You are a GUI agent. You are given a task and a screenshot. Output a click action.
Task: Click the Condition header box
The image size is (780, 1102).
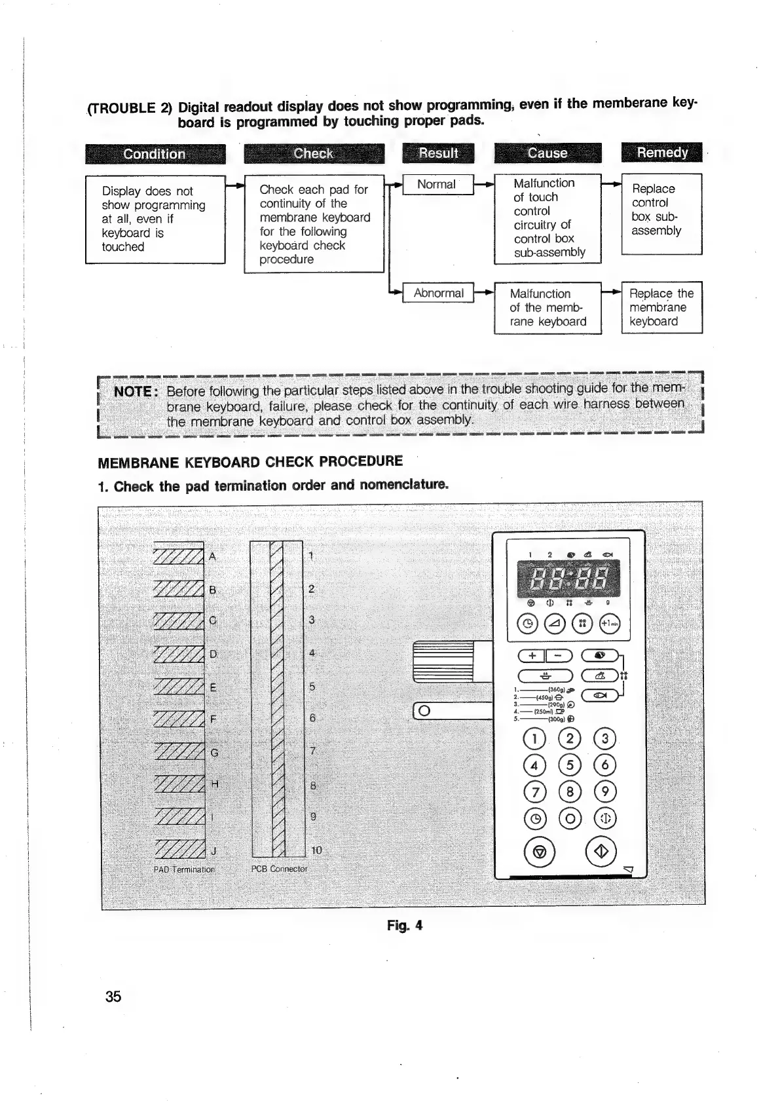point(155,154)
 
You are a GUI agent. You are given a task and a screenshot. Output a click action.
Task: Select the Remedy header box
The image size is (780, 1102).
point(661,153)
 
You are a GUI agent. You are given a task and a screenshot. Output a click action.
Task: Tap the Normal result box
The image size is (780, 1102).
point(437,185)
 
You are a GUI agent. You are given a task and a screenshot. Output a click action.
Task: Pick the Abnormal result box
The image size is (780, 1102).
point(438,294)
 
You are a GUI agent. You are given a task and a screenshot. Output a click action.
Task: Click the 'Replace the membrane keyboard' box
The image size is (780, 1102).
point(661,308)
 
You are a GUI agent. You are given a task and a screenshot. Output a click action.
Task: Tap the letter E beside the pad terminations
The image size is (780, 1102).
point(213,687)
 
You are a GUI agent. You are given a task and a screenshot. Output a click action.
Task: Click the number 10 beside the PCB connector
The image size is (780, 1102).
point(316,850)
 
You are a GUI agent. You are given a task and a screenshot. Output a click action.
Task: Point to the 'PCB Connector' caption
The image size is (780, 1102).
point(279,869)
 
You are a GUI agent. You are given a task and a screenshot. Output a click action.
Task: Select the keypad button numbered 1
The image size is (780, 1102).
point(534,739)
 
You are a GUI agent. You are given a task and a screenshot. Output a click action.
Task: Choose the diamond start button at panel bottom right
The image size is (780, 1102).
point(603,851)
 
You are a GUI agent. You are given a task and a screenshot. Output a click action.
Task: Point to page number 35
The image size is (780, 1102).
point(113,997)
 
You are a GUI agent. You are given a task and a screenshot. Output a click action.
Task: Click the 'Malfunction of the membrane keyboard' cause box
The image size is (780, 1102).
point(548,308)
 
